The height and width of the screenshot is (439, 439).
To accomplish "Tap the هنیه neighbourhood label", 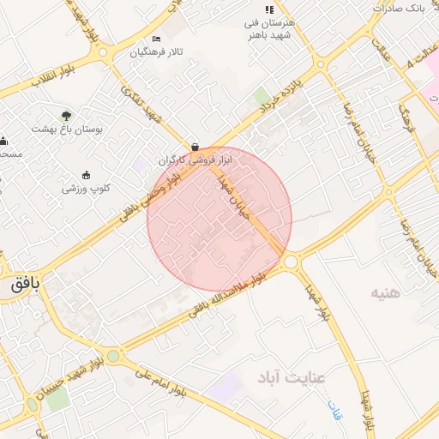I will point(386,293).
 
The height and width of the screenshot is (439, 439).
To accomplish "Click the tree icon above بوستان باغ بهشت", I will point(67,115).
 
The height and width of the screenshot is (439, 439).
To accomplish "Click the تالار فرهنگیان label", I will point(157,53).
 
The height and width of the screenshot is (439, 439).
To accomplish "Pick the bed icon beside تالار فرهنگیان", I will point(155,39).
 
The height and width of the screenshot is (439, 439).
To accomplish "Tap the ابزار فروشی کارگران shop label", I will point(195,160).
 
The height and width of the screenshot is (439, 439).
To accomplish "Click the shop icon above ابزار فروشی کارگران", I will point(195,147).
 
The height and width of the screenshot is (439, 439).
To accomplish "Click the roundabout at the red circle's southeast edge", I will point(291,261).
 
